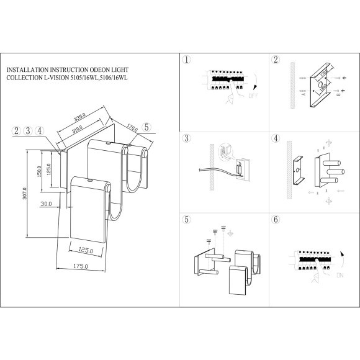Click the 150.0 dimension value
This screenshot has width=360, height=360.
(x=38, y=169)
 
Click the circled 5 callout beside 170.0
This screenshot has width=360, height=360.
(x=146, y=127)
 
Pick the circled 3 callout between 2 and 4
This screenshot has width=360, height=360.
(x=28, y=130)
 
